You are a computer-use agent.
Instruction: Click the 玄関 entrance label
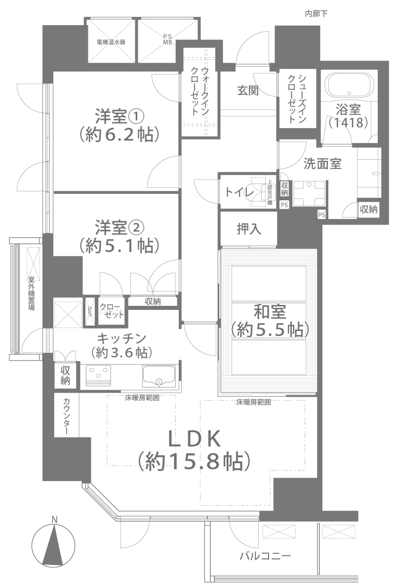248,90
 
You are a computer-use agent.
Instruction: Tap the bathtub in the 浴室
349,85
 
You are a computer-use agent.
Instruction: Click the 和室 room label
270,311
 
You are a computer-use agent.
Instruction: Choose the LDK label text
194,440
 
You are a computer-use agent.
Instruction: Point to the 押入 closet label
248,229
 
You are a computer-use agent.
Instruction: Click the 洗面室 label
322,164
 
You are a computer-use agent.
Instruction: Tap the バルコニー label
265,555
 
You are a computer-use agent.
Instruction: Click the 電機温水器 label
111,42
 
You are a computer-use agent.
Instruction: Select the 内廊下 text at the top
316,14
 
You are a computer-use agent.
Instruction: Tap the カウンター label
67,415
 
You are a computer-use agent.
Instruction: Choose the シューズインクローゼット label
297,98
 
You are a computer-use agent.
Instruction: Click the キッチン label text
121,338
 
